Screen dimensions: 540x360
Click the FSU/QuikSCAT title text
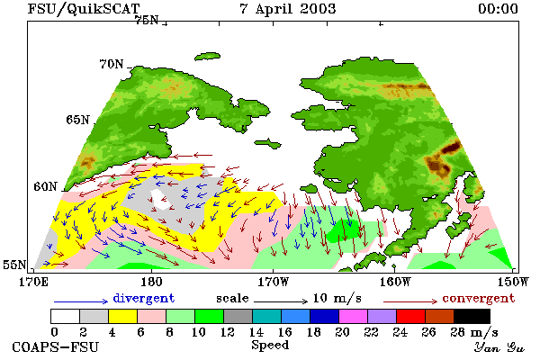coord(84,9)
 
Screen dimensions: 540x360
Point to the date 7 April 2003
coord(288,9)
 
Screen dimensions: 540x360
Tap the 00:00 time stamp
coord(498,9)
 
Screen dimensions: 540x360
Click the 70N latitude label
coord(112,64)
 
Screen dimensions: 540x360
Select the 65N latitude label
coord(77,120)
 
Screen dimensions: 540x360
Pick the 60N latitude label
coord(45,186)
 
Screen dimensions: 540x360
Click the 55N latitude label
coord(14,265)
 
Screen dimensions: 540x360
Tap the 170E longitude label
coord(33,282)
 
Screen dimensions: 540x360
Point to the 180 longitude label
coord(151,282)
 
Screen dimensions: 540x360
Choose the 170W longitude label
coord(273,282)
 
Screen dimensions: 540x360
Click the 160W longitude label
coord(395,282)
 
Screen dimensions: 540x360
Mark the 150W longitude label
coord(513,282)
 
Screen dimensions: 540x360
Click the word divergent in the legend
coord(144,298)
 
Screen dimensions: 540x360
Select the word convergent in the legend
coord(479,298)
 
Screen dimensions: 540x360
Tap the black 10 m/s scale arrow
coord(281,301)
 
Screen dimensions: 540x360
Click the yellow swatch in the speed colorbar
coord(123,316)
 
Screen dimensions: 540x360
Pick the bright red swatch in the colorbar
coord(411,316)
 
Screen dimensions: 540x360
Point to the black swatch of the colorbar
coord(472,316)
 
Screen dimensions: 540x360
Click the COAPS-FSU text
coord(56,347)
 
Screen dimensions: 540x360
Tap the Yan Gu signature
coord(499,347)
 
